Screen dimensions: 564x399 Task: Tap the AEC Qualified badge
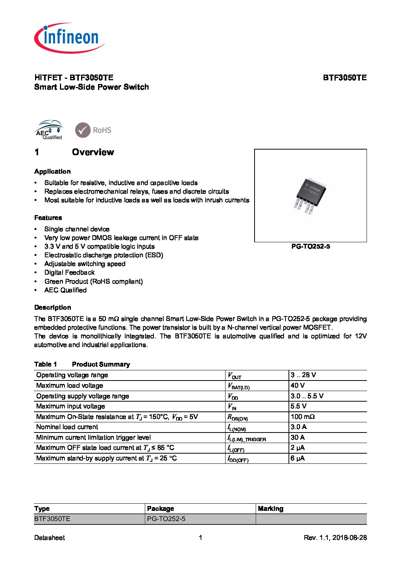pos(49,130)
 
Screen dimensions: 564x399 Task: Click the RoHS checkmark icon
pos(83,130)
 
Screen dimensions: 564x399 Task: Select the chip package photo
pos(310,195)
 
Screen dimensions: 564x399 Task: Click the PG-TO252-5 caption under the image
pos(310,246)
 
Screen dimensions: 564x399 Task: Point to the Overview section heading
pos(93,152)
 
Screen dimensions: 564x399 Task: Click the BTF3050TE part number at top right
pos(344,78)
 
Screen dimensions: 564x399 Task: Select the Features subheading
pos(48,218)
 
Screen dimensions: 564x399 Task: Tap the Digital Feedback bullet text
pos(69,272)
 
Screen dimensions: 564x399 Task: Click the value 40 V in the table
pos(298,385)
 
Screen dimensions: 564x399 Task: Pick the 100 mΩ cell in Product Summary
pos(302,417)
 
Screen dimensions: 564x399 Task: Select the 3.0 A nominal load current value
pos(298,427)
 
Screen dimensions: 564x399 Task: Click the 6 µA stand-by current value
pos(298,458)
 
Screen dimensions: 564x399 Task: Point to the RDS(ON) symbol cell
pos(238,417)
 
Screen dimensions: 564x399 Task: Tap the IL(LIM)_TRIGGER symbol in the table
pos(247,438)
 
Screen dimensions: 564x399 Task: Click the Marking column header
pos(270,509)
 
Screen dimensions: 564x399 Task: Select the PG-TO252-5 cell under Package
pos(166,519)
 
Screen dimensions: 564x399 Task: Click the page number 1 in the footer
pos(200,538)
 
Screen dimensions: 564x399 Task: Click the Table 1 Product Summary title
pos(82,364)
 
